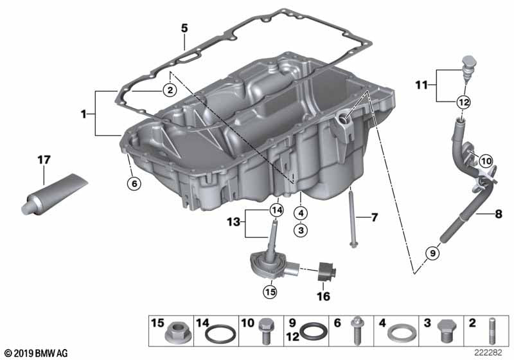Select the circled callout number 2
169,91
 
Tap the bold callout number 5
184,28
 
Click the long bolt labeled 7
353,219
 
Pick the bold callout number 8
499,213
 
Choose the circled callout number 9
432,253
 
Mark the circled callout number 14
276,209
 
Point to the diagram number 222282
490,353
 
